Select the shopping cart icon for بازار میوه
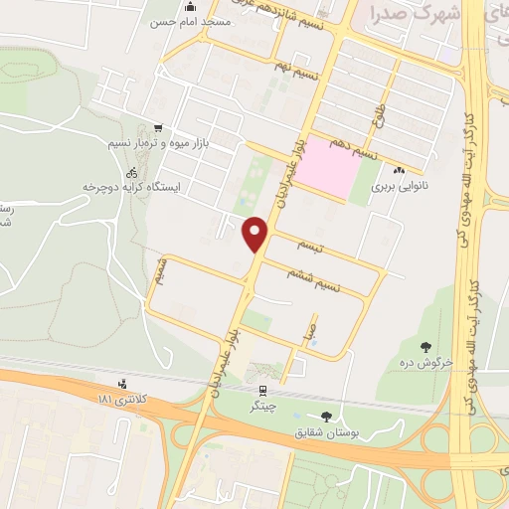(x=158, y=128)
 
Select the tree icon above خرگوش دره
(x=426, y=347)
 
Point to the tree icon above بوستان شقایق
(x=328, y=416)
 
